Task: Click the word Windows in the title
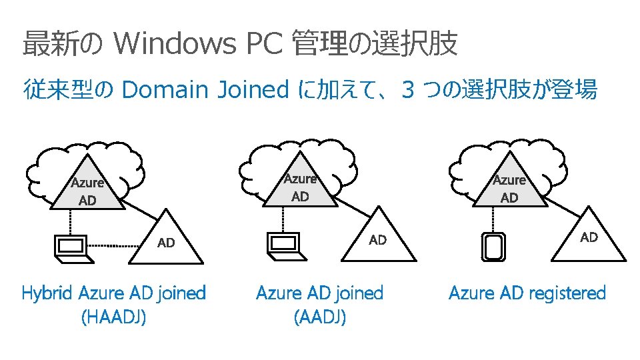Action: (175, 45)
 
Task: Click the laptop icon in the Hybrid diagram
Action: (69, 246)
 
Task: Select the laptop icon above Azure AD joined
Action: (283, 244)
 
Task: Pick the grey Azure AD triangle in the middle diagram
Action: (301, 186)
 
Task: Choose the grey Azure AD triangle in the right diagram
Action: (509, 187)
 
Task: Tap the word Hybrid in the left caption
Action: (48, 293)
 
